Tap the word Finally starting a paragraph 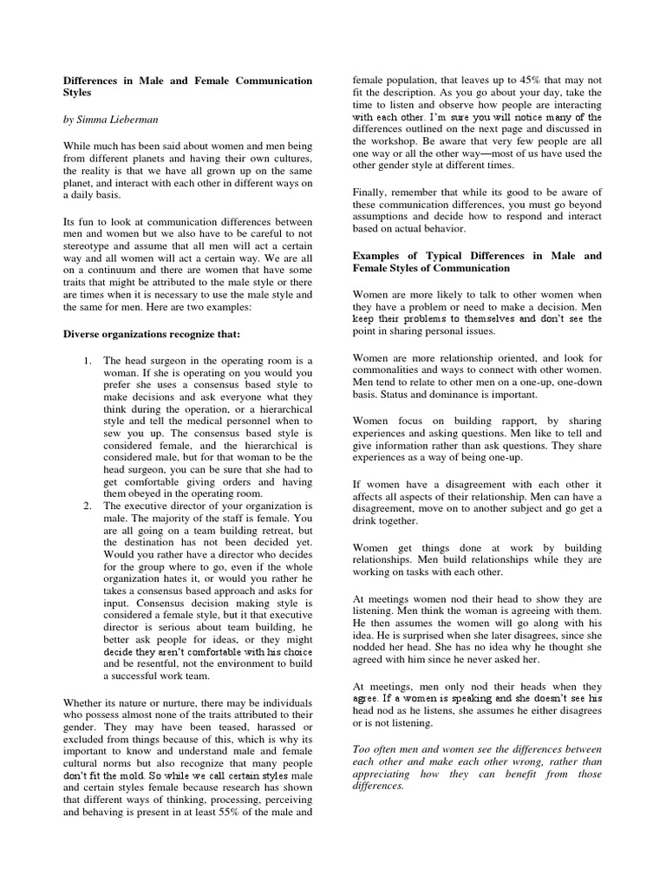tap(373, 192)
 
